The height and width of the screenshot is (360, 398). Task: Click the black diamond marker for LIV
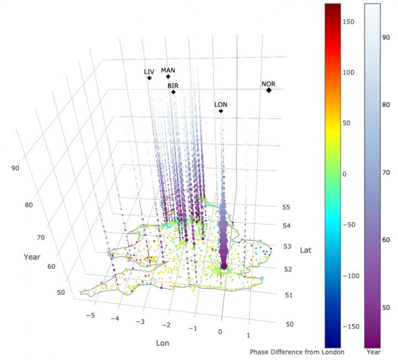pos(149,78)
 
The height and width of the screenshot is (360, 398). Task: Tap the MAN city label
pos(168,70)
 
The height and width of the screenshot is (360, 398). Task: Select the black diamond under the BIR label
pos(173,92)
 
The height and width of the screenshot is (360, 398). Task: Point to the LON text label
pos(221,105)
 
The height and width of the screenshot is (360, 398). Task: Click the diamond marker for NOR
pos(269,90)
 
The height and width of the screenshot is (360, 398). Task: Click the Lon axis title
pos(163,343)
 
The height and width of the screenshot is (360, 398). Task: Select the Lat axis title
pos(306,250)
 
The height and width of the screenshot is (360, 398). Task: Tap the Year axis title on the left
pos(32,257)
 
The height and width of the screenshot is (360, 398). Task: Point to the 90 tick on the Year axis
pos(15,168)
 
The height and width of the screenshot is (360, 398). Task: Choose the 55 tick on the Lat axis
pos(287,207)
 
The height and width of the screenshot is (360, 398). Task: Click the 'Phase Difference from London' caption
pos(297,352)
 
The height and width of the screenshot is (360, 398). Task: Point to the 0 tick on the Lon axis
pos(221,332)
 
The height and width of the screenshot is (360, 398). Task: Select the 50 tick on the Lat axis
pos(290,325)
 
